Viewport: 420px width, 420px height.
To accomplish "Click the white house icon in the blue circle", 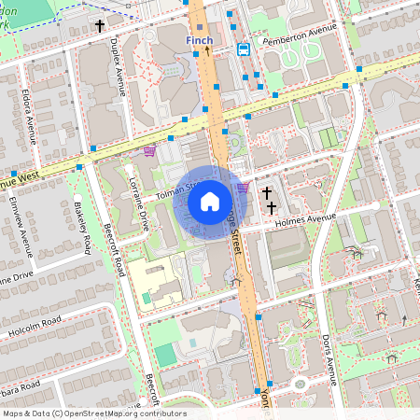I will point(210,201).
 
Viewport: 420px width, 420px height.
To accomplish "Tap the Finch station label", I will point(198,41).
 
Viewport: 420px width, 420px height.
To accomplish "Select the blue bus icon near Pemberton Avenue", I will point(244,49).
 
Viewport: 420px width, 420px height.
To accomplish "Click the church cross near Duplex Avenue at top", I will point(100,28).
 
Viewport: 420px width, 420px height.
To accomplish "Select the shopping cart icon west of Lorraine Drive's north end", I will point(148,150).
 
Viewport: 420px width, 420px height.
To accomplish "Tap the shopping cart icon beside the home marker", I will point(243,188).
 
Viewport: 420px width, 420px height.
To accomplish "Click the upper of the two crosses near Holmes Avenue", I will point(267,192).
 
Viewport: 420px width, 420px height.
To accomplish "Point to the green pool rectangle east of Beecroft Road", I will point(164,354).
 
